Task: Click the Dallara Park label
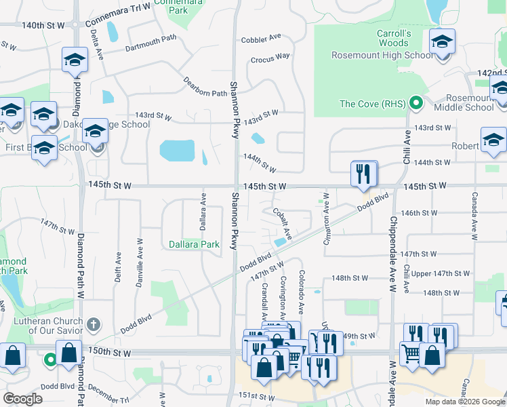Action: [194, 244]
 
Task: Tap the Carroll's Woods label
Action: [394, 38]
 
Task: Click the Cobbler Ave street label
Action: [265, 37]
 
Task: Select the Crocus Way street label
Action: [270, 58]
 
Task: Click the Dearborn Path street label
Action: [206, 87]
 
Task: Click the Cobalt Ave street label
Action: [282, 223]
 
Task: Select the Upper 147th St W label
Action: [441, 273]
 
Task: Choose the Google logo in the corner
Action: [22, 399]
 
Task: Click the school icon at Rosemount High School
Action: [442, 44]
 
